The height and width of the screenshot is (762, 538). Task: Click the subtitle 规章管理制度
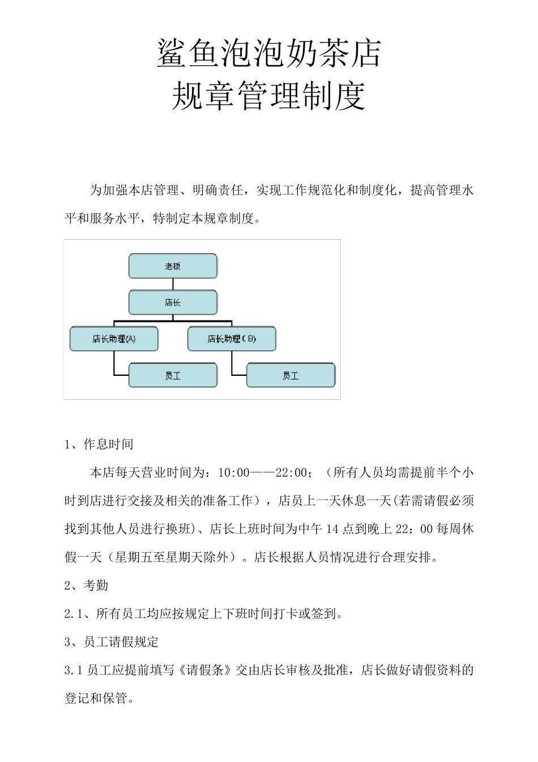coord(269,96)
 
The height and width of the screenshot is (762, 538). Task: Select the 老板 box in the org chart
coord(173,266)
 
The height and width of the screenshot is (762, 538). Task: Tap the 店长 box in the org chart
coord(173,302)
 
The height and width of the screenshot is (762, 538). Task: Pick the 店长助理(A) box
coord(114,339)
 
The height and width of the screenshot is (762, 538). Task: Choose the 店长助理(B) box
coord(232,339)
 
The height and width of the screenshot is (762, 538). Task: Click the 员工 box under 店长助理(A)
coord(173,375)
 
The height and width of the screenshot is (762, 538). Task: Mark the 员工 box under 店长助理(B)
coord(291,375)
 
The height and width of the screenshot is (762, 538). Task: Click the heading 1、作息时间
coord(99,444)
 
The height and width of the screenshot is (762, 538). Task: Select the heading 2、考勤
coord(87,585)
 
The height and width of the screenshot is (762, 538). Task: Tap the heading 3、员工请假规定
coord(112,642)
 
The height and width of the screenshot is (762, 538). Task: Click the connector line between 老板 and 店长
coord(173,284)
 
